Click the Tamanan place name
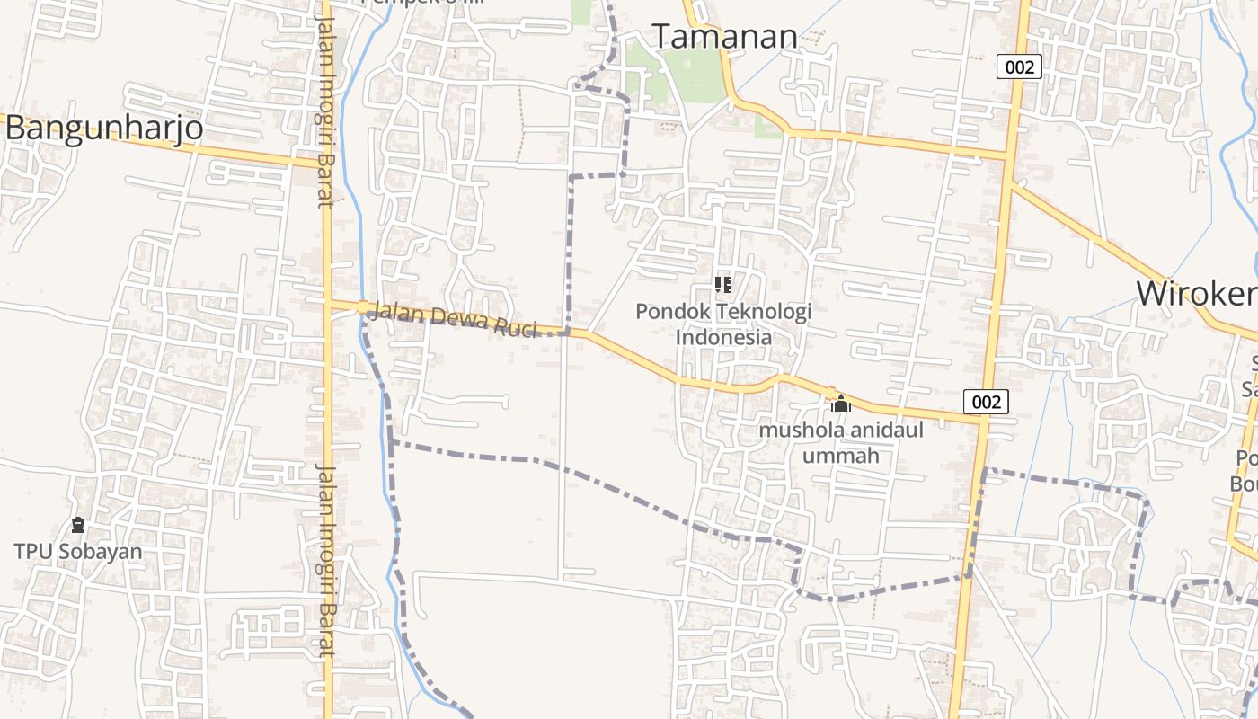724,37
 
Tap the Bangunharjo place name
103,129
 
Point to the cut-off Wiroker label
1196,294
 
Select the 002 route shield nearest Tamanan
1019,67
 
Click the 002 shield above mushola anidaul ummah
986,402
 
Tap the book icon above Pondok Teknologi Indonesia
723,285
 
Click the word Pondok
666,312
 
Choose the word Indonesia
723,338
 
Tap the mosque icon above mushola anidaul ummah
841,404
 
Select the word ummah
840,456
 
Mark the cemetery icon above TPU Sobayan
78,525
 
